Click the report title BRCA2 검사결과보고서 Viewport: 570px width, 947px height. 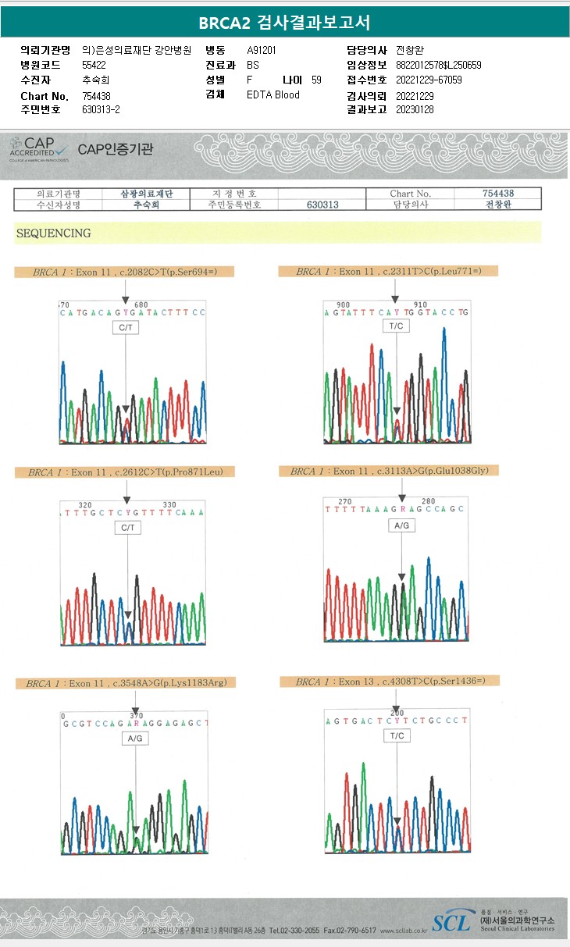click(x=284, y=22)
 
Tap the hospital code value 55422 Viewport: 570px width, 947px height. click(x=94, y=65)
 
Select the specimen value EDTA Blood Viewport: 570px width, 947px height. click(x=273, y=95)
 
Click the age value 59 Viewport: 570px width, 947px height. click(x=315, y=80)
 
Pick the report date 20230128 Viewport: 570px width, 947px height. click(x=415, y=109)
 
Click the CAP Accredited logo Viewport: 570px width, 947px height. click(x=39, y=148)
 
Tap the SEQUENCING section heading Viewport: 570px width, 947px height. click(x=53, y=233)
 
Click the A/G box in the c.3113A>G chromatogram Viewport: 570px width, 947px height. click(x=401, y=526)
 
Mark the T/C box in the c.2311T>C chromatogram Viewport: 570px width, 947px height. click(x=396, y=326)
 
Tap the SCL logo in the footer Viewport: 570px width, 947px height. click(x=452, y=924)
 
